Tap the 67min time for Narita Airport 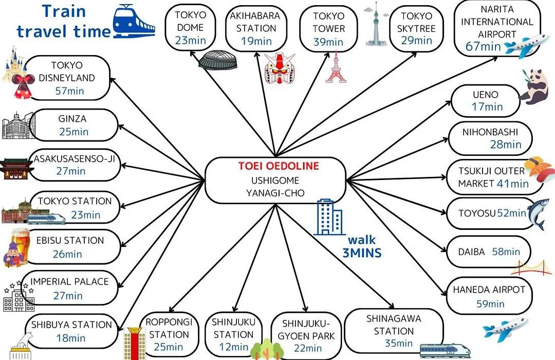[x=483, y=46]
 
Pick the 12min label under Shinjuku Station [x=234, y=347]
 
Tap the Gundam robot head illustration [x=280, y=68]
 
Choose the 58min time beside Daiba [x=506, y=251]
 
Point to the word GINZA [x=72, y=119]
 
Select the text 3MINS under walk [x=362, y=253]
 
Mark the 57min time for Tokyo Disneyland [x=70, y=91]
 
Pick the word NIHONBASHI [x=490, y=132]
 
